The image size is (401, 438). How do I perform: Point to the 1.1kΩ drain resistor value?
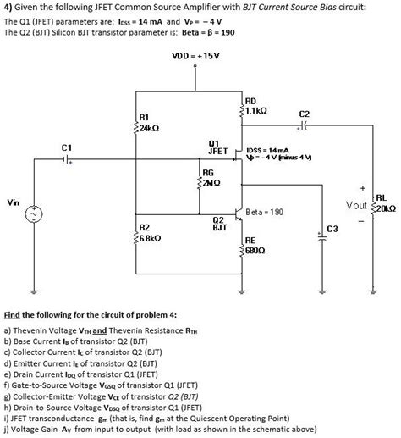[x=257, y=111]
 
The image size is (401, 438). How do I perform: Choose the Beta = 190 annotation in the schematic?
[x=265, y=210]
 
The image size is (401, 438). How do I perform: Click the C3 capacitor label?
[x=332, y=229]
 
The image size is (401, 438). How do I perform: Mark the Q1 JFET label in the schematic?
[x=217, y=146]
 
